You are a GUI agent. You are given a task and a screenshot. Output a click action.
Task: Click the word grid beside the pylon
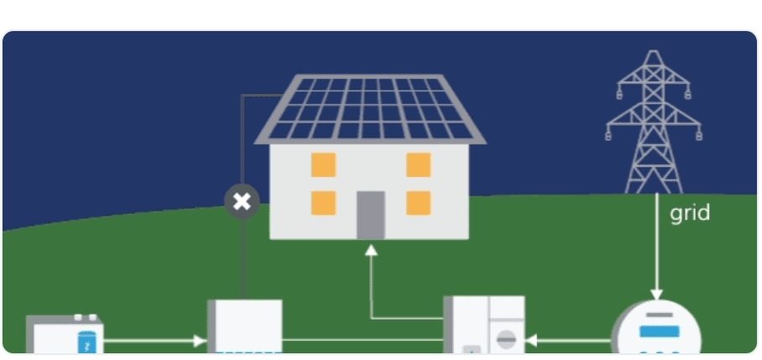[690, 214]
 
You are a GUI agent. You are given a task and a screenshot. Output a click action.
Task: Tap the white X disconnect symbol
[242, 201]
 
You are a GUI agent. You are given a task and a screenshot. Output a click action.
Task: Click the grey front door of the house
[371, 215]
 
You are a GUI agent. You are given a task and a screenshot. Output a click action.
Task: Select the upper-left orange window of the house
[324, 164]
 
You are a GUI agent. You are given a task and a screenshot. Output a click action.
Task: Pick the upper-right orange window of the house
[419, 164]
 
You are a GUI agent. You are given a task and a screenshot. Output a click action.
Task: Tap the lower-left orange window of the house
[324, 203]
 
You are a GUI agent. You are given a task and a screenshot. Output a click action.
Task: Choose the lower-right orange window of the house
[419, 203]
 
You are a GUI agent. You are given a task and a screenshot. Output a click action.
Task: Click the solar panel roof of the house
[370, 109]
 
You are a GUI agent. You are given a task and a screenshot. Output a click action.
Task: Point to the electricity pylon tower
[654, 122]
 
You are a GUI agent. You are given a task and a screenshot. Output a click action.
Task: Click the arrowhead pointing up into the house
[371, 250]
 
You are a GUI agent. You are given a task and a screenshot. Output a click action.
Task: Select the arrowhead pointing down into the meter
[656, 295]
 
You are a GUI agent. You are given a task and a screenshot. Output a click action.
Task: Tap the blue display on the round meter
[660, 331]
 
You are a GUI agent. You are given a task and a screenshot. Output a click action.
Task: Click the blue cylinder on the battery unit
[87, 342]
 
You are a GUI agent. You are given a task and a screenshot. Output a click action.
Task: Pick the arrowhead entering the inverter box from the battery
[201, 341]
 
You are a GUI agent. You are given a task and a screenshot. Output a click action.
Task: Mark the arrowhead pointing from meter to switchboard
[531, 340]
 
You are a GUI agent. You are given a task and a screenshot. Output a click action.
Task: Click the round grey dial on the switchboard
[506, 340]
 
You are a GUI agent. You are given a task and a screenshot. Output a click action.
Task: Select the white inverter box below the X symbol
[244, 326]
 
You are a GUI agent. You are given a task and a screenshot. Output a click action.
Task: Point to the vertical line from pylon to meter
[656, 242]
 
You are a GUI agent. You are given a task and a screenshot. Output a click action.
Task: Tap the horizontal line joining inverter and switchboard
[363, 340]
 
